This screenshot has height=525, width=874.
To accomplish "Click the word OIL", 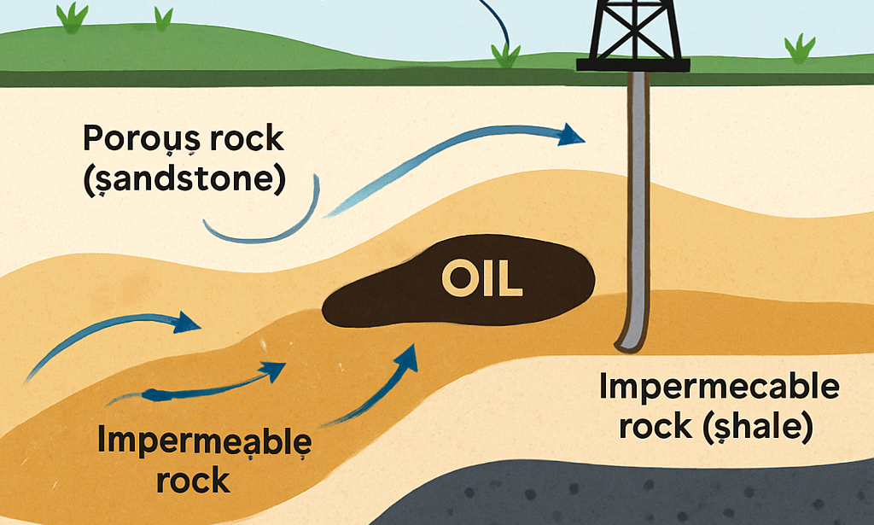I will [x=482, y=279].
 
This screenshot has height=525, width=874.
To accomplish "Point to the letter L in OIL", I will [x=510, y=279].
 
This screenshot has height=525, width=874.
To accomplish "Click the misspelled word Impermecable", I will [x=720, y=388].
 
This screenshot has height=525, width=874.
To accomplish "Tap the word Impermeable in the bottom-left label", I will [x=205, y=440].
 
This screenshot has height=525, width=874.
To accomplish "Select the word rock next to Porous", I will [x=250, y=138].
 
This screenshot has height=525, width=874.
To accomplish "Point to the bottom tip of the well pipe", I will [x=629, y=347].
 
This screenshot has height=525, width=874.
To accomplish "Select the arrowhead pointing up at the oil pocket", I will [x=407, y=353].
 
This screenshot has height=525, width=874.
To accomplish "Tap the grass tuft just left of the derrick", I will [x=506, y=55].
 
